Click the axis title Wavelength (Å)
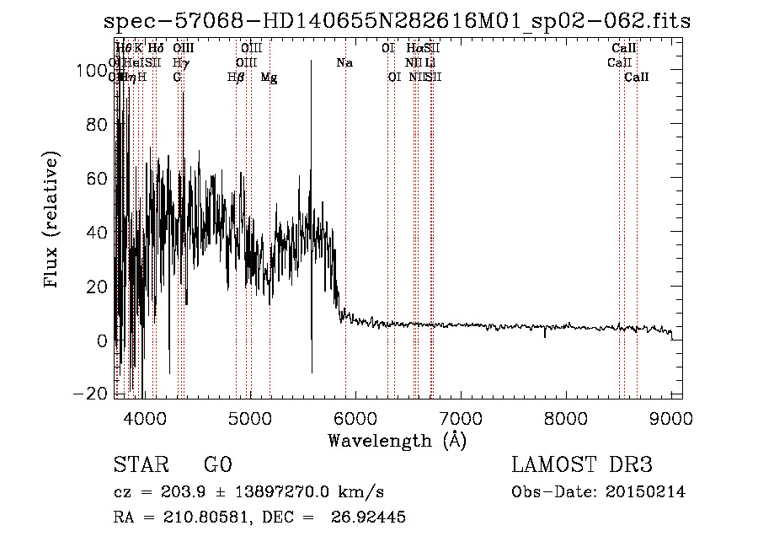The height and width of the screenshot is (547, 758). [x=397, y=440]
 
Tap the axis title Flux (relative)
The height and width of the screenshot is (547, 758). [x=52, y=221]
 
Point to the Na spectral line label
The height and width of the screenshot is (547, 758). [x=344, y=62]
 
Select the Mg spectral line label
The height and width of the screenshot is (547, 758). [x=269, y=77]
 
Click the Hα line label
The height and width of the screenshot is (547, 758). [x=414, y=48]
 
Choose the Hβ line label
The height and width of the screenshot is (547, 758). [x=236, y=77]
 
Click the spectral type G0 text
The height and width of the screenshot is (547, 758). [x=217, y=465]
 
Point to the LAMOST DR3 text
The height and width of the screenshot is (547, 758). [x=582, y=465]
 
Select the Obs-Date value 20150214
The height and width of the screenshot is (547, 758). [x=649, y=492]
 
